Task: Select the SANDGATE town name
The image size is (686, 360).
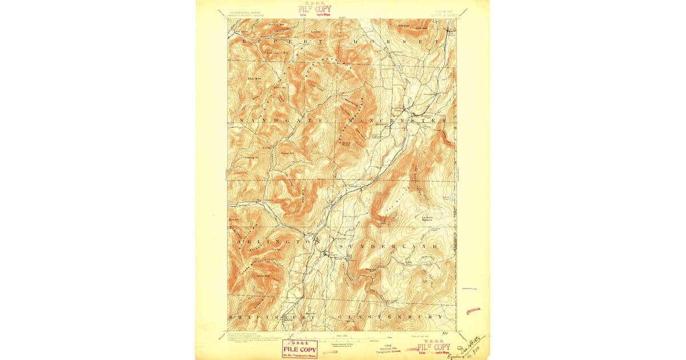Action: point(281,121)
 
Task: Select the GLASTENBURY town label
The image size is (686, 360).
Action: point(390,317)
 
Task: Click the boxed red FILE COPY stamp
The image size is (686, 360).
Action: point(300,348)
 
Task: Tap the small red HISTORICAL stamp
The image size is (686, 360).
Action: point(473,311)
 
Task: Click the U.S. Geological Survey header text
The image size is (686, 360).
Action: point(240,10)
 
